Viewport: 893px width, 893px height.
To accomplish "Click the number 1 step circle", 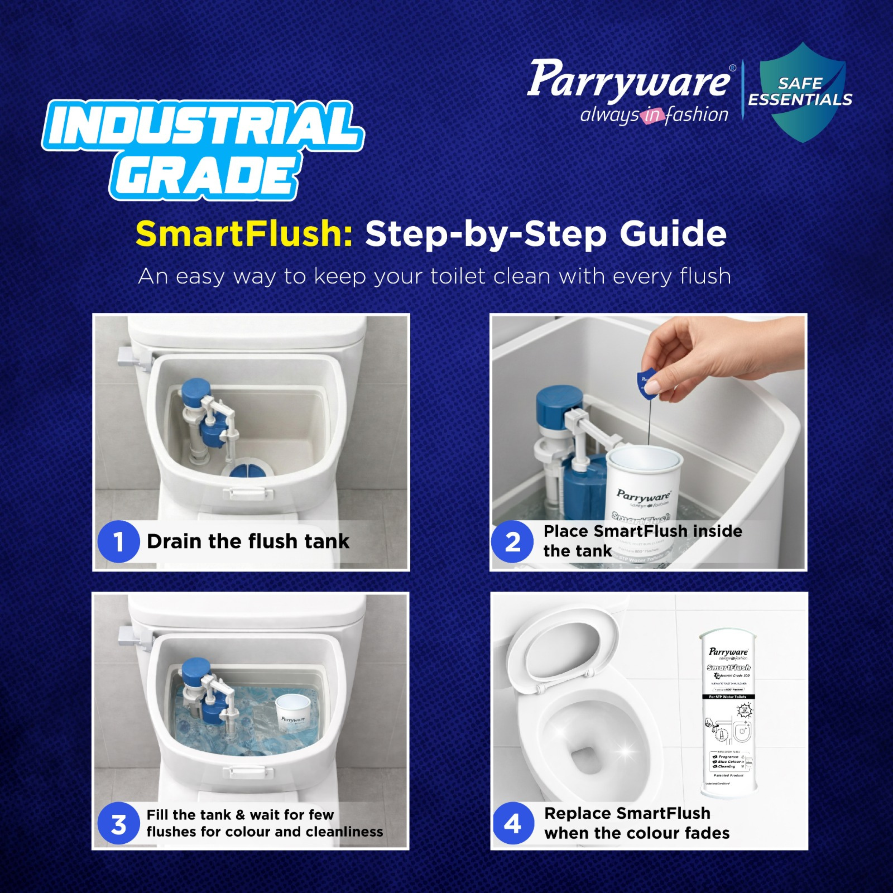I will (x=118, y=541).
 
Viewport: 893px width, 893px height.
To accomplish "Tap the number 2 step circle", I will (x=512, y=541).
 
